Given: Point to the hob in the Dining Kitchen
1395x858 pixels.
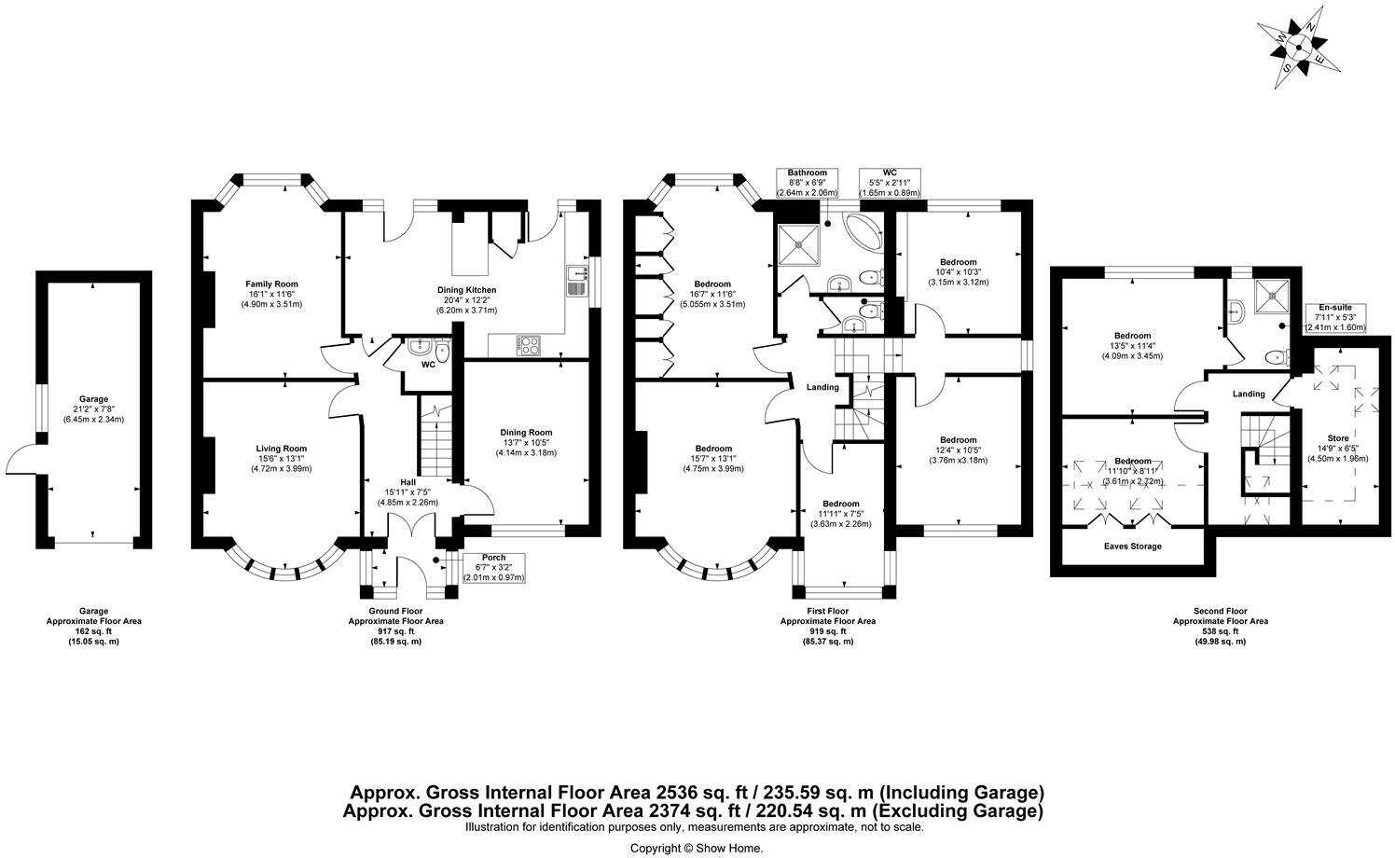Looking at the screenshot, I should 528,345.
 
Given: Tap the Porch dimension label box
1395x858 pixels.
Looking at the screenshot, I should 493,567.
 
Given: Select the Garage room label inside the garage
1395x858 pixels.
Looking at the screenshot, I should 92,408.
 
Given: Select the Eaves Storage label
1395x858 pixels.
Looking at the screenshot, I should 1132,547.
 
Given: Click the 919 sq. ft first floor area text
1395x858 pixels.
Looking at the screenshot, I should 827,631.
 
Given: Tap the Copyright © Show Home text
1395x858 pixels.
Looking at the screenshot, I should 696,848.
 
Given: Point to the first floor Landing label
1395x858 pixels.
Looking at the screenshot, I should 822,387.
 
